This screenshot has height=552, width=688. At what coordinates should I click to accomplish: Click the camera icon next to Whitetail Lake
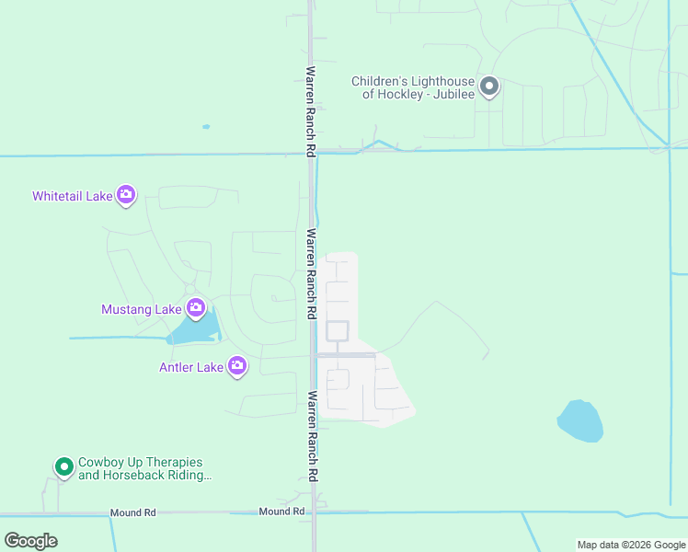pyautogui.click(x=126, y=195)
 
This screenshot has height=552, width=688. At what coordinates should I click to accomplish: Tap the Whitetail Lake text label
pyautogui.click(x=72, y=196)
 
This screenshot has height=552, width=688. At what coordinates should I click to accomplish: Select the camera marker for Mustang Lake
pyautogui.click(x=195, y=307)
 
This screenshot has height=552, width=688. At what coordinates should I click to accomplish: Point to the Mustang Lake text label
pyautogui.click(x=141, y=309)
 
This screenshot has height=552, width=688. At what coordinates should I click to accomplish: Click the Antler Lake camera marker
pyautogui.click(x=237, y=366)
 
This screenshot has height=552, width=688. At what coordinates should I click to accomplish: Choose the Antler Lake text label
pyautogui.click(x=190, y=368)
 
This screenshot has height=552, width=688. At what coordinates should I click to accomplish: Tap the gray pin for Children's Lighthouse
pyautogui.click(x=489, y=87)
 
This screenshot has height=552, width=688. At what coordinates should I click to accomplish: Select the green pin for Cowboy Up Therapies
pyautogui.click(x=63, y=467)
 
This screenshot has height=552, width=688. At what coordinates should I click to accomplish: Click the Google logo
pyautogui.click(x=31, y=540)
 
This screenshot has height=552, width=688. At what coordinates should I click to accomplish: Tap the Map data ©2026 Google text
pyautogui.click(x=631, y=545)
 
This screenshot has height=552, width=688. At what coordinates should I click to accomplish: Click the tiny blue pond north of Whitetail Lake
pyautogui.click(x=206, y=127)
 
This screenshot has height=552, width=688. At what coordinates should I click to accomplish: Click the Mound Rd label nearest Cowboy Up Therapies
pyautogui.click(x=132, y=512)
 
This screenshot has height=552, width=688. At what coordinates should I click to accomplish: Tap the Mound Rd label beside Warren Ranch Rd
pyautogui.click(x=281, y=511)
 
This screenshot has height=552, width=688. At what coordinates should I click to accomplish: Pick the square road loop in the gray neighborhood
pyautogui.click(x=338, y=331)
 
